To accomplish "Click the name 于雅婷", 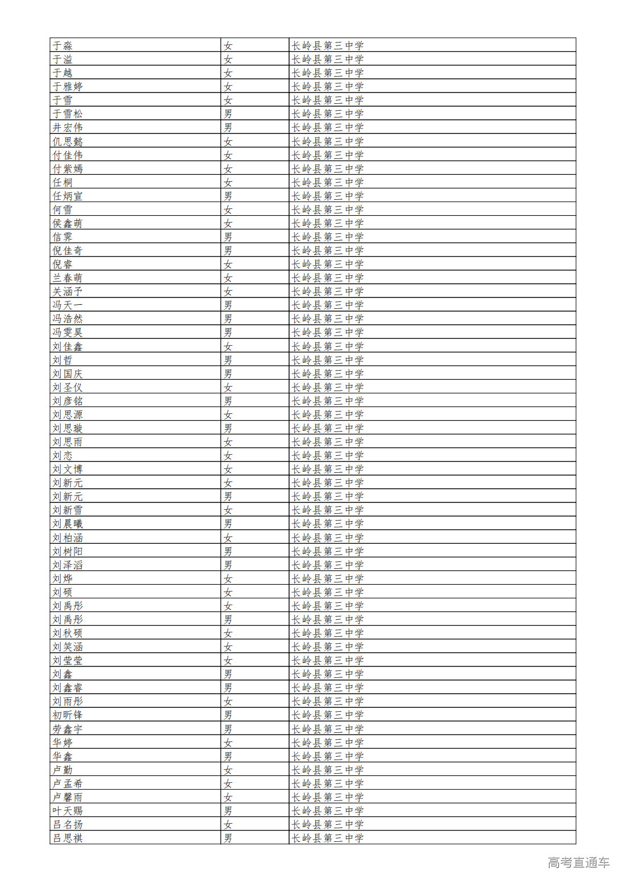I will tap(68, 86).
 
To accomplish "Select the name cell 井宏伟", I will tap(68, 127).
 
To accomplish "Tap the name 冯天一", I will tap(68, 305).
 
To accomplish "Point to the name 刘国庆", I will tap(68, 374).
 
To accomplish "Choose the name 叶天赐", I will tap(68, 811).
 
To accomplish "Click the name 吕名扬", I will tap(68, 824).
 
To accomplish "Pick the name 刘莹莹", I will tap(68, 660).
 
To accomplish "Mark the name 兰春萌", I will tap(68, 278).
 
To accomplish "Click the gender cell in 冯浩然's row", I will tap(228, 319).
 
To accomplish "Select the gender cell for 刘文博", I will tap(228, 469).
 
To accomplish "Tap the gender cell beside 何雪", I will tap(228, 209).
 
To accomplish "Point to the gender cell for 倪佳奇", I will tap(228, 250).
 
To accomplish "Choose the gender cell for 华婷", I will tap(228, 743).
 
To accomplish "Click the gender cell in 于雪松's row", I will tap(228, 114).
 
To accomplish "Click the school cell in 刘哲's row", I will tap(328, 360).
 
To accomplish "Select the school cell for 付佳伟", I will tap(328, 155).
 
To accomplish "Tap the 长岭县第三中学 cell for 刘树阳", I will tap(328, 551).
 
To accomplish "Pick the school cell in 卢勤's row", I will tap(328, 770).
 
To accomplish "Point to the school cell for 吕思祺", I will tap(328, 838).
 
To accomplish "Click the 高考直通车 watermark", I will tap(578, 863).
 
